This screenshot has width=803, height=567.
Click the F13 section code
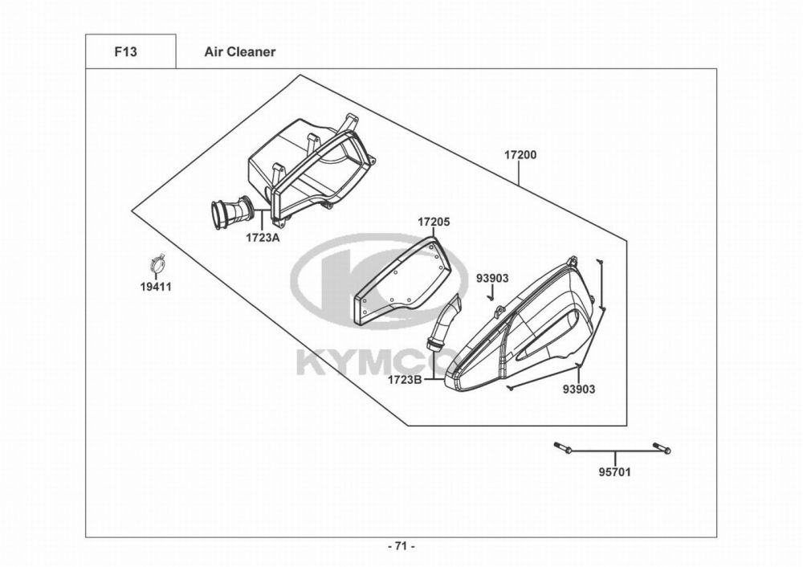(125, 51)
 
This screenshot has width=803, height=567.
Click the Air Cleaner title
(239, 51)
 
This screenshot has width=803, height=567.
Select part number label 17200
(520, 155)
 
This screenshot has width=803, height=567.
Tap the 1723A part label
(263, 238)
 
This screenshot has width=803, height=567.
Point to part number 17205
(434, 222)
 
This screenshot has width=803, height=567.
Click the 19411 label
(157, 288)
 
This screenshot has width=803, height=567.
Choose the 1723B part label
(405, 380)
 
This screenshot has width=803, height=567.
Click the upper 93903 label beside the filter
(493, 278)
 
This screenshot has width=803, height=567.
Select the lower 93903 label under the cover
(579, 390)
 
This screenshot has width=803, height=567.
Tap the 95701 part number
(615, 471)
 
